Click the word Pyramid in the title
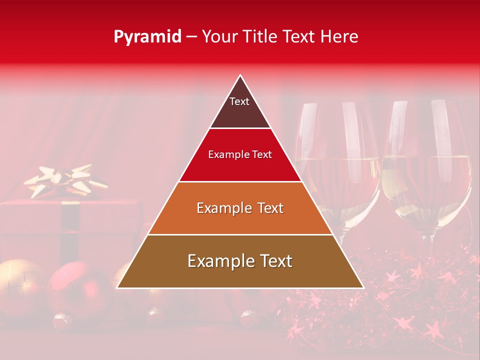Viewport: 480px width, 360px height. [147, 37]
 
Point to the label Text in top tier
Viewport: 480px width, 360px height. [239, 101]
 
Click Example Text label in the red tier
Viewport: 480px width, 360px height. [240, 154]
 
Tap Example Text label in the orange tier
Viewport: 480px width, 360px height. [240, 208]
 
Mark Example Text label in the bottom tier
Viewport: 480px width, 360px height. [240, 261]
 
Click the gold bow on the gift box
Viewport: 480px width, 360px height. [65, 181]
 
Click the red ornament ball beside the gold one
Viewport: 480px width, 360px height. [77, 290]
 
